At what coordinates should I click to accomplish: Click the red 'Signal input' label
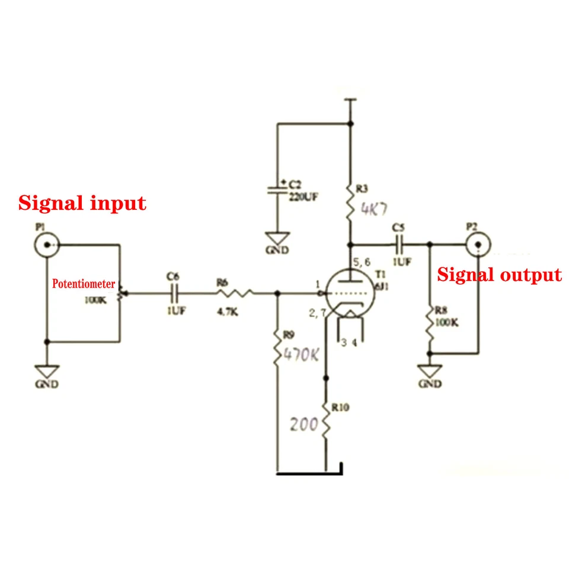point(82,203)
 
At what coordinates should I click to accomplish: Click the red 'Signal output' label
point(499,274)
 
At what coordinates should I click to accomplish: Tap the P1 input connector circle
point(46,244)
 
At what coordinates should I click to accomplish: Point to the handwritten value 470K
point(301,355)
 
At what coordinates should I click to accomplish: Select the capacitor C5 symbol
point(399,243)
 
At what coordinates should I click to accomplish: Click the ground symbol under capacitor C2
point(276,237)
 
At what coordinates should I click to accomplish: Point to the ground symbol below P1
point(46,372)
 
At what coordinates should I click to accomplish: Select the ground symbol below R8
point(430,371)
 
